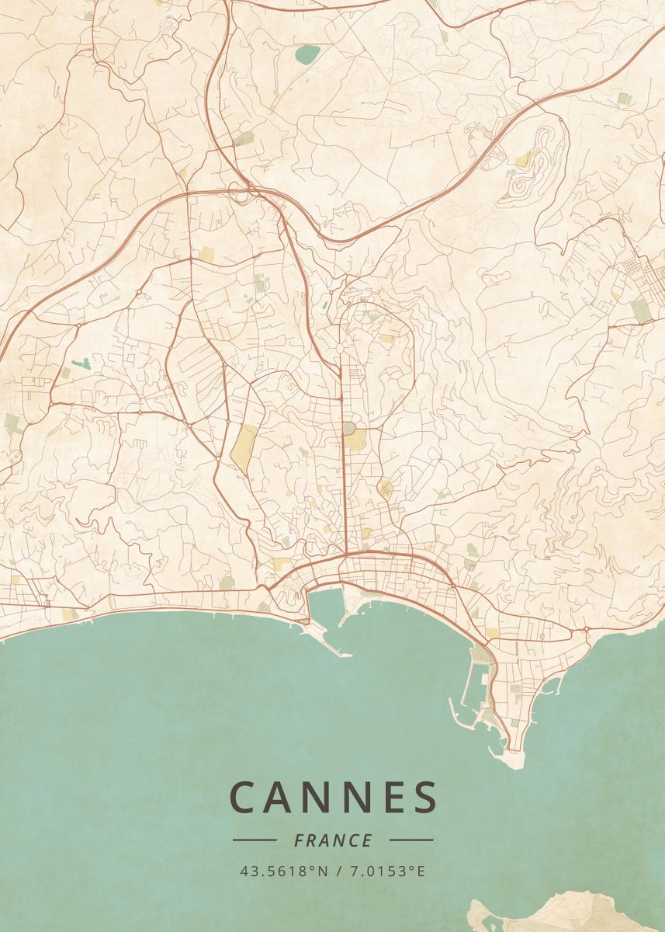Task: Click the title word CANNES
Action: pos(333,798)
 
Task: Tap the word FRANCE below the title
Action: pos(333,840)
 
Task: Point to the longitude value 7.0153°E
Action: pos(388,871)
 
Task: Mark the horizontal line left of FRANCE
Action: pos(254,840)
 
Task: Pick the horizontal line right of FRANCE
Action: pos(411,840)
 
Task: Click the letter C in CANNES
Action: pos(244,798)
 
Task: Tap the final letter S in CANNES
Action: pos(424,798)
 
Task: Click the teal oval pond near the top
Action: pos(307,55)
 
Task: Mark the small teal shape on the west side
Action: pos(81,363)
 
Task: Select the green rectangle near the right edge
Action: pos(640,311)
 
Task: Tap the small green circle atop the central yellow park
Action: pos(348,428)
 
